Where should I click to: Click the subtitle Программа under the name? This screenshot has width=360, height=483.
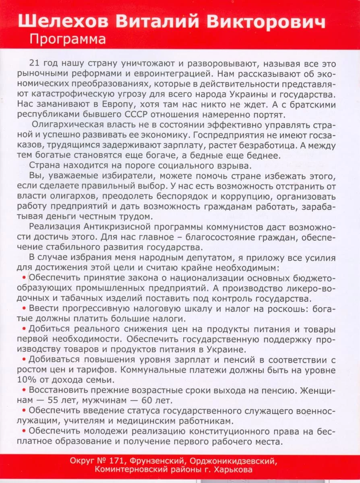click(68, 39)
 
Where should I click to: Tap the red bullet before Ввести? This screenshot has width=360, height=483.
click(25, 308)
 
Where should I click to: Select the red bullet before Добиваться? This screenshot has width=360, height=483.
click(25, 359)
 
